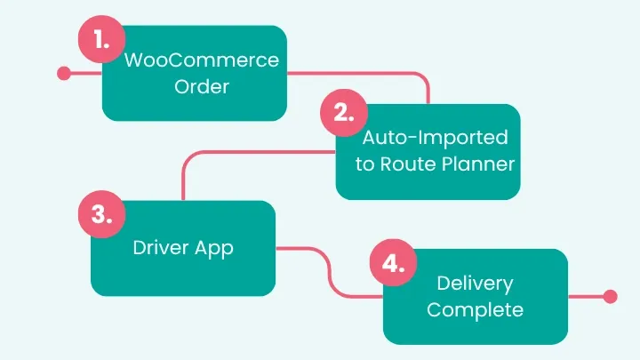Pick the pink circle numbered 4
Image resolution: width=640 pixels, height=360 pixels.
[x=391, y=265]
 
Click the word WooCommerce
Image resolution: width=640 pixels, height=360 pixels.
[x=202, y=61]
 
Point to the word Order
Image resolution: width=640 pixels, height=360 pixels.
[x=202, y=87]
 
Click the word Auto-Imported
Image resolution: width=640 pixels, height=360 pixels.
[x=435, y=138]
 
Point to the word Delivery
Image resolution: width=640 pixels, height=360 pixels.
[x=475, y=284]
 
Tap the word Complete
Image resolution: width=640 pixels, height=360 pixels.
[x=475, y=310]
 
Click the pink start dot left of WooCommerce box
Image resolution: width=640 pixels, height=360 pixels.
[x=63, y=74]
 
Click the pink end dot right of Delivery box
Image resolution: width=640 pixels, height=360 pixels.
[x=609, y=297]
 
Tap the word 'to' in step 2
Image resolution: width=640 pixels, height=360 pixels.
[x=364, y=164]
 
